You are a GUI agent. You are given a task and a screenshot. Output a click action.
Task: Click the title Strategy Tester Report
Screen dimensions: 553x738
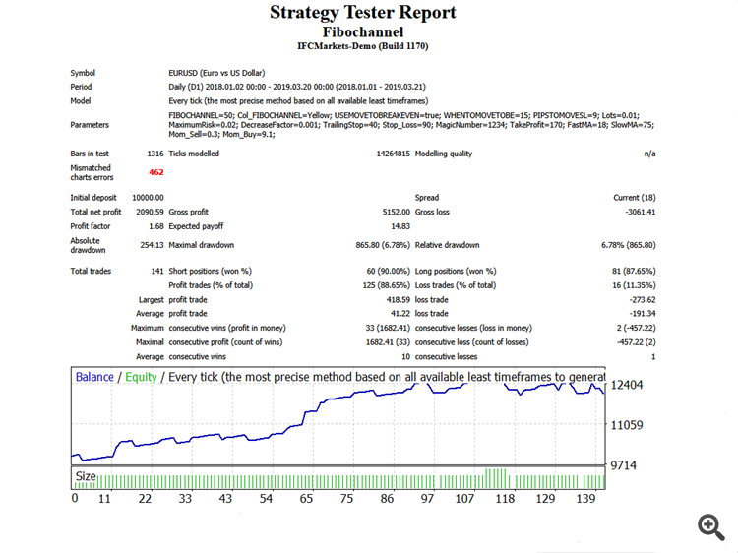coord(362,13)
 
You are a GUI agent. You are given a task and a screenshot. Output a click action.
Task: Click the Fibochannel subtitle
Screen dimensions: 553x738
coord(362,31)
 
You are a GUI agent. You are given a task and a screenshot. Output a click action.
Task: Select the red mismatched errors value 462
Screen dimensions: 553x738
coord(155,172)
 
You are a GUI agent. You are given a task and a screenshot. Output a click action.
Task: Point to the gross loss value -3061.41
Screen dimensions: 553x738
coord(637,212)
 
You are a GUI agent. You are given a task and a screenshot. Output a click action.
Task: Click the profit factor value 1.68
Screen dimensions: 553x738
coord(155,225)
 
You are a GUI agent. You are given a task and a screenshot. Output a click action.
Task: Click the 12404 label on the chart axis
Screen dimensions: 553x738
coord(627,385)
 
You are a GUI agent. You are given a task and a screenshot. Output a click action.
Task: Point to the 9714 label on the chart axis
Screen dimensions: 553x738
coord(624,464)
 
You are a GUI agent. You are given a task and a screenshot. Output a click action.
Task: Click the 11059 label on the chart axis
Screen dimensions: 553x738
coord(627,425)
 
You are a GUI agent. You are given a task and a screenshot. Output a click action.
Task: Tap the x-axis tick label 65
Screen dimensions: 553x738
coord(306,499)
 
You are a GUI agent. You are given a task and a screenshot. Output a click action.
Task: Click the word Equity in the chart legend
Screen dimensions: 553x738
coord(141,377)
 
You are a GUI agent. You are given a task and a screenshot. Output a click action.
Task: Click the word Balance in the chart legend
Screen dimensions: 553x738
coord(94,377)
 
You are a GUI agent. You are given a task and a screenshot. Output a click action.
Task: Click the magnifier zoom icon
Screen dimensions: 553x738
coord(711,526)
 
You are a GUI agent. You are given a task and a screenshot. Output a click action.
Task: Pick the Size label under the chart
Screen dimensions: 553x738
coord(86,476)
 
